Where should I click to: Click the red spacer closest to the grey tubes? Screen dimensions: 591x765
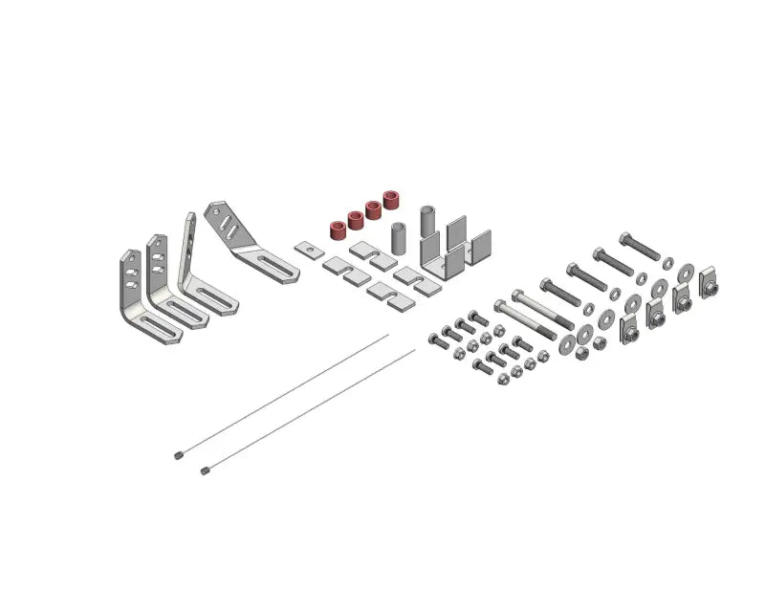tap(391, 201)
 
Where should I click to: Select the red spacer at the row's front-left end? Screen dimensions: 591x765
tap(338, 230)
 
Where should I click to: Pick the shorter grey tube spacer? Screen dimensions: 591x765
tap(400, 235)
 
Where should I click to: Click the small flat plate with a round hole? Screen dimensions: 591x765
tap(306, 250)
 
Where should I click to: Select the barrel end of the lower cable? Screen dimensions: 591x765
tap(206, 470)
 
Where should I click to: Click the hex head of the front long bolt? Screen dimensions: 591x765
tap(499, 305)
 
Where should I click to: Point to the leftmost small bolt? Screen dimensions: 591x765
tap(435, 339)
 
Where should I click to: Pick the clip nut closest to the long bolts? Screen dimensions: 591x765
tap(629, 328)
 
